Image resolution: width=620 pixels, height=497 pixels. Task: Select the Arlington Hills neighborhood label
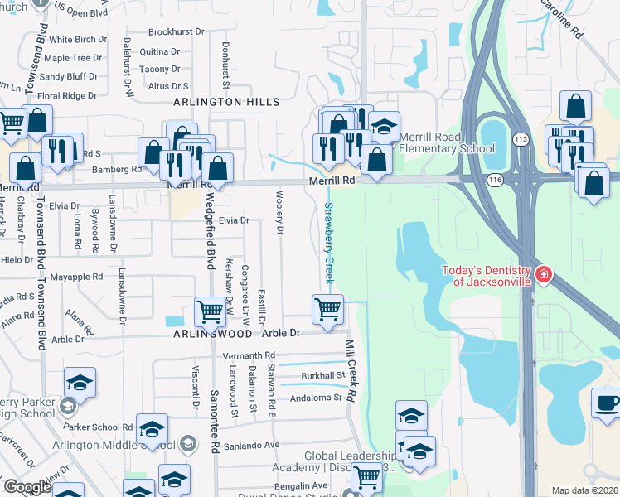coord(226,101)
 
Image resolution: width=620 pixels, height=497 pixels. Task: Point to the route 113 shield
coord(521,138)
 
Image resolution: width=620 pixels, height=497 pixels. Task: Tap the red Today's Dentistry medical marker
coord(543,274)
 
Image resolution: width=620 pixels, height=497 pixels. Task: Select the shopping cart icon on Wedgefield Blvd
coord(210,311)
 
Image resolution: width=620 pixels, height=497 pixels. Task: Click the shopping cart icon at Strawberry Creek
coord(327,309)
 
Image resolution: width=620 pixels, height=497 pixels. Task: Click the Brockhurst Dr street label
coord(177,32)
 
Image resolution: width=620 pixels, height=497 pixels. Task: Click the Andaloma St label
coord(316,398)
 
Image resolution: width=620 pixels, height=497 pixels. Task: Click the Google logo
coord(27,486)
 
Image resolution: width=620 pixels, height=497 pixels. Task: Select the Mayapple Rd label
coord(75,277)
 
